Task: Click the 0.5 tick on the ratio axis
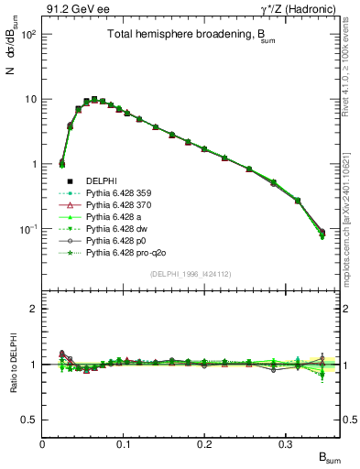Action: (x=32, y=420)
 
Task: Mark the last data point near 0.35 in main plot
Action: (x=322, y=234)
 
